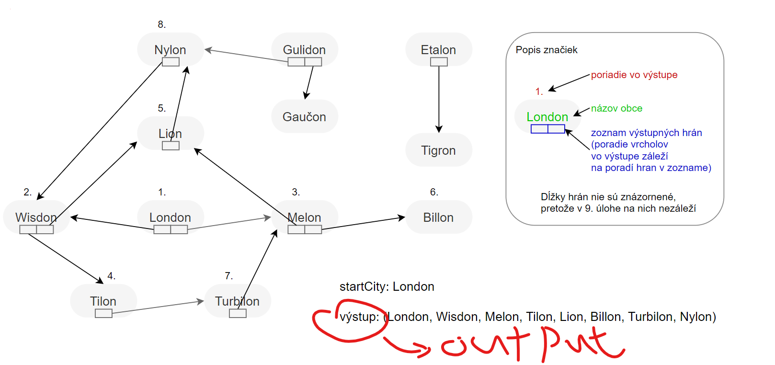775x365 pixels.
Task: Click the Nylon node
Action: point(170,49)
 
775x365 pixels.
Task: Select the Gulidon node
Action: point(304,49)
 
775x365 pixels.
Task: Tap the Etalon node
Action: point(438,49)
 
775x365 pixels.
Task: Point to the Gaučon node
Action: point(304,116)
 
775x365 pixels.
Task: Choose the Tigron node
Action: point(438,150)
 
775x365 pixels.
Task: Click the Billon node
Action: point(438,217)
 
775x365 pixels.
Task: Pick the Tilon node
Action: point(103,301)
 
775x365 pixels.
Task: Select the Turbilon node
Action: point(237,301)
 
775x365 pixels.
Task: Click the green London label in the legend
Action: point(547,116)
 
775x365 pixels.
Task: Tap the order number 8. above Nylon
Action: point(162,24)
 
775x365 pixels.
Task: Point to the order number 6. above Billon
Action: point(434,192)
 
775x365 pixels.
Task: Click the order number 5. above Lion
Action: point(162,108)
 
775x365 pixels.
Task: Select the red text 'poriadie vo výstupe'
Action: point(634,75)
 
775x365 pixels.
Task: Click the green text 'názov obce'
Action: point(616,108)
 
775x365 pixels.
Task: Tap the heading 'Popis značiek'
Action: point(547,50)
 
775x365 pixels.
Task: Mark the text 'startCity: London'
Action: point(387,286)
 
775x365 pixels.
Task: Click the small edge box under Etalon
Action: point(439,62)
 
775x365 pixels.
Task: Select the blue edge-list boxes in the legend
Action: point(547,129)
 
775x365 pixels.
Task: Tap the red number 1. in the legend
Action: point(539,91)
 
